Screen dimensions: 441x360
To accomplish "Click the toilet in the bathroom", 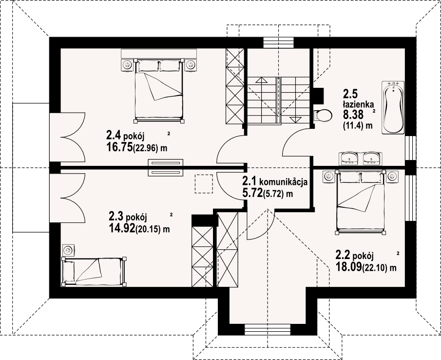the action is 322,115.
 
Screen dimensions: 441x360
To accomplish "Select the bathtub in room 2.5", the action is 393,107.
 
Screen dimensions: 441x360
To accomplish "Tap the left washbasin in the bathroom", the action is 349,158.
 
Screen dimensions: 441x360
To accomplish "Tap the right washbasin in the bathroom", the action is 372,158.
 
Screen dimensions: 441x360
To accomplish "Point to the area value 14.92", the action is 122,228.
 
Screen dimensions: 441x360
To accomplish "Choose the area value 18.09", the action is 348,266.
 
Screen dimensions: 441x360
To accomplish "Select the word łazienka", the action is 358,104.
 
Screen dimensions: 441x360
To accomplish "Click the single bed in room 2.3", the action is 94,271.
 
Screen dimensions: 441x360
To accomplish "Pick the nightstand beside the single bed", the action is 68,250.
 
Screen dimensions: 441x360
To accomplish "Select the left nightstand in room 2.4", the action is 128,65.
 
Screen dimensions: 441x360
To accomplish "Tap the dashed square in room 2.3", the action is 204,183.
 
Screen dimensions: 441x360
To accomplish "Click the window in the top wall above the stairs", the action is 278,42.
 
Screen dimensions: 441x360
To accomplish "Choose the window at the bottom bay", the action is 268,329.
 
